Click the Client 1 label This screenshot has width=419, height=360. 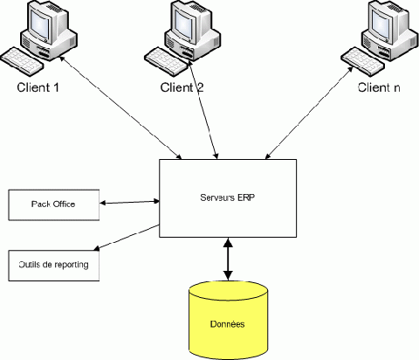pos(38,87)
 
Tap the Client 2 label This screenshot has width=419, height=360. pos(182,87)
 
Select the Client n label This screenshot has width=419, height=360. pos(379,87)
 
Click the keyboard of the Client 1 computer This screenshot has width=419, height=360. pos(22,62)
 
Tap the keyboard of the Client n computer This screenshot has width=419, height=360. pos(363,62)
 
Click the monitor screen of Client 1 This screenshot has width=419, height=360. pos(39,23)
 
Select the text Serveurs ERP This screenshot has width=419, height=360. pos(228,197)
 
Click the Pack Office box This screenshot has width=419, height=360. pos(54,205)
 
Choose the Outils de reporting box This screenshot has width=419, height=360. pos(54,266)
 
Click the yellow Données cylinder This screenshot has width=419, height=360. pos(228,321)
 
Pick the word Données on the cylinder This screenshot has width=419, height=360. pos(228,324)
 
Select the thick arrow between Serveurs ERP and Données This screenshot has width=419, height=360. pos(228,260)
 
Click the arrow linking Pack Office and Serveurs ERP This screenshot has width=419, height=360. pos(129,202)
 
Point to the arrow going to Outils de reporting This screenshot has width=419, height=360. pos(127,238)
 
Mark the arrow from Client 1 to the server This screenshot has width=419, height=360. pos(120,107)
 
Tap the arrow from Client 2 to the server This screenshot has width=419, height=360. pos(203,109)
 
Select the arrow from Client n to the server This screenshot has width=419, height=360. pos(309,114)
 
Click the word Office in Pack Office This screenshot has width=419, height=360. pos(65,204)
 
